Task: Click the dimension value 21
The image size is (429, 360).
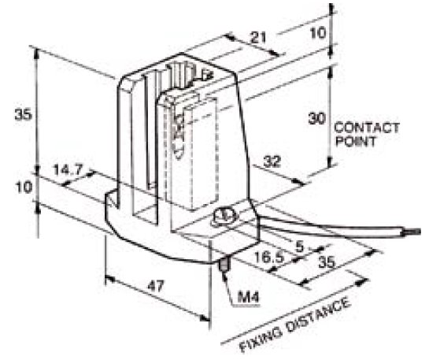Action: pos(258,37)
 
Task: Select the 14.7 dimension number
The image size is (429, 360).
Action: pos(68,169)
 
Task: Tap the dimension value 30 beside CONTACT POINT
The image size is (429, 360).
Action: pos(317,118)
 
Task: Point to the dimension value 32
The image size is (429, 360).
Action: pos(272,161)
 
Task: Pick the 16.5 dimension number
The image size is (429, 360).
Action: pos(269,258)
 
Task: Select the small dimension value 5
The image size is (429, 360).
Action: pos(300,247)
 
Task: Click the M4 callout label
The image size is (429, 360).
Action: pos(248,297)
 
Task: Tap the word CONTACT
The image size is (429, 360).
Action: pos(367,128)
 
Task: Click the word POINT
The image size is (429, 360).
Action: pos(356,142)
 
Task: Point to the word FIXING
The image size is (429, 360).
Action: pos(261,339)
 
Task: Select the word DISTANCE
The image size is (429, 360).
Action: pos(318,315)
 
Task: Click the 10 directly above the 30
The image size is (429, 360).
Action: pos(318,33)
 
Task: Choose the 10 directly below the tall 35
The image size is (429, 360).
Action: pos(24,187)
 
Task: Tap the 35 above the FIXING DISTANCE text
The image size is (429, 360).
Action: pos(327,262)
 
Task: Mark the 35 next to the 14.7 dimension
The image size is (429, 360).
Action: pos(24,115)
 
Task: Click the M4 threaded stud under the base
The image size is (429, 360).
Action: pos(225,263)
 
